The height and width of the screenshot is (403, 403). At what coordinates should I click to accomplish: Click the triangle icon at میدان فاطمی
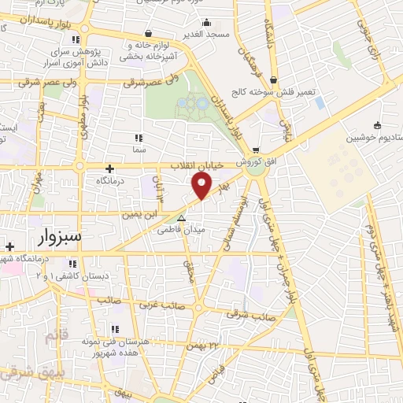pos(182,219)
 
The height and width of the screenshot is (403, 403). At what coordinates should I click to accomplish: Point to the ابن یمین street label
pos(134,213)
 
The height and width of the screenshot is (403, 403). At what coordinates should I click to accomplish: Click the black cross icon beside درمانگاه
pos(109,168)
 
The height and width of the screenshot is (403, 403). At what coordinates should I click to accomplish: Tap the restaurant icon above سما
pos(139,139)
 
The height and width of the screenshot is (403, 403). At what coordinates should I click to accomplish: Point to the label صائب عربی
pos(163,303)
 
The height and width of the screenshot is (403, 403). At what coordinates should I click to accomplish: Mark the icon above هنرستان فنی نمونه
pos(114,328)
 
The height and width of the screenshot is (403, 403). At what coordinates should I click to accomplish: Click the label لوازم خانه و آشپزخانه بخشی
pos(149,51)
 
